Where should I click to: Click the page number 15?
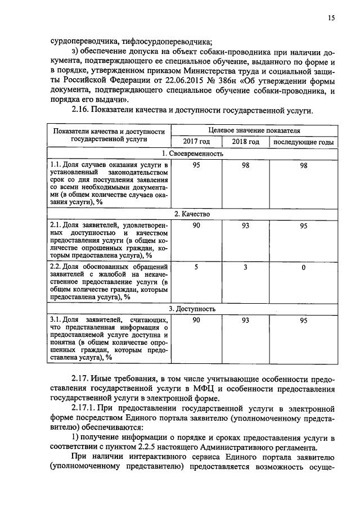tap(331, 18)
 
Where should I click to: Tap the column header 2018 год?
tap(246, 142)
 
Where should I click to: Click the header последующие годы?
tap(303, 142)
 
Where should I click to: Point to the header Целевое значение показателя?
tap(254, 130)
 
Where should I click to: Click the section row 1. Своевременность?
tap(192, 154)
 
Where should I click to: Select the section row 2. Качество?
tap(192, 214)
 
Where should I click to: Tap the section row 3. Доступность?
tap(192, 309)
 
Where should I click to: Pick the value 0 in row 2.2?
tap(303, 268)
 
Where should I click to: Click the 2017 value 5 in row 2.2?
tap(196, 267)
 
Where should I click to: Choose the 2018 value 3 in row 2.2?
tap(246, 267)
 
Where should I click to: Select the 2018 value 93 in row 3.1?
tap(246, 320)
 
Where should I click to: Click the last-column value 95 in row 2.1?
tap(303, 226)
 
